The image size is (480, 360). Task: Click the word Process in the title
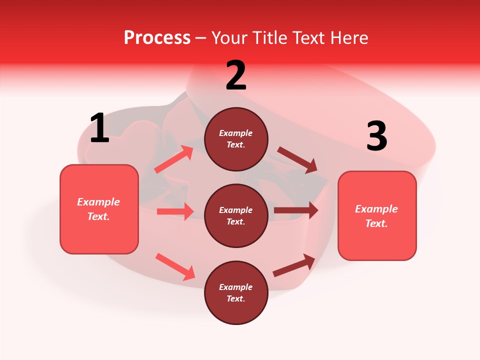(x=157, y=38)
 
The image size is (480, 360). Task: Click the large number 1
(x=99, y=128)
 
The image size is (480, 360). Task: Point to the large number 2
(x=236, y=76)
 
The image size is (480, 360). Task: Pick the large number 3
(x=376, y=136)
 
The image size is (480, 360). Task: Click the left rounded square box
(x=99, y=209)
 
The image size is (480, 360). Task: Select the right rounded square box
(x=377, y=215)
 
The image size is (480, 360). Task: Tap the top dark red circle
(x=236, y=139)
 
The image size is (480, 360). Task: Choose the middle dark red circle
(x=236, y=215)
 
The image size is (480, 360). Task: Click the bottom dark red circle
(x=236, y=292)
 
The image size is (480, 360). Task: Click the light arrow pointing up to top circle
(x=174, y=160)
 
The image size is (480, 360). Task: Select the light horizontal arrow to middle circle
(x=175, y=211)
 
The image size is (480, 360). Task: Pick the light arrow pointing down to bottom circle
(x=175, y=266)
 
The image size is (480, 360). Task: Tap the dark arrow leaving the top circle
(x=297, y=160)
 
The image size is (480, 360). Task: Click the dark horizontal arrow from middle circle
(x=296, y=210)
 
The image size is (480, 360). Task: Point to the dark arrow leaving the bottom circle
(x=294, y=265)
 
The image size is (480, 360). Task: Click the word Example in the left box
(x=98, y=202)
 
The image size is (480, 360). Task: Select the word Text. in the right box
(x=376, y=223)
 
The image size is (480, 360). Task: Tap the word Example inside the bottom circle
(x=235, y=287)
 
